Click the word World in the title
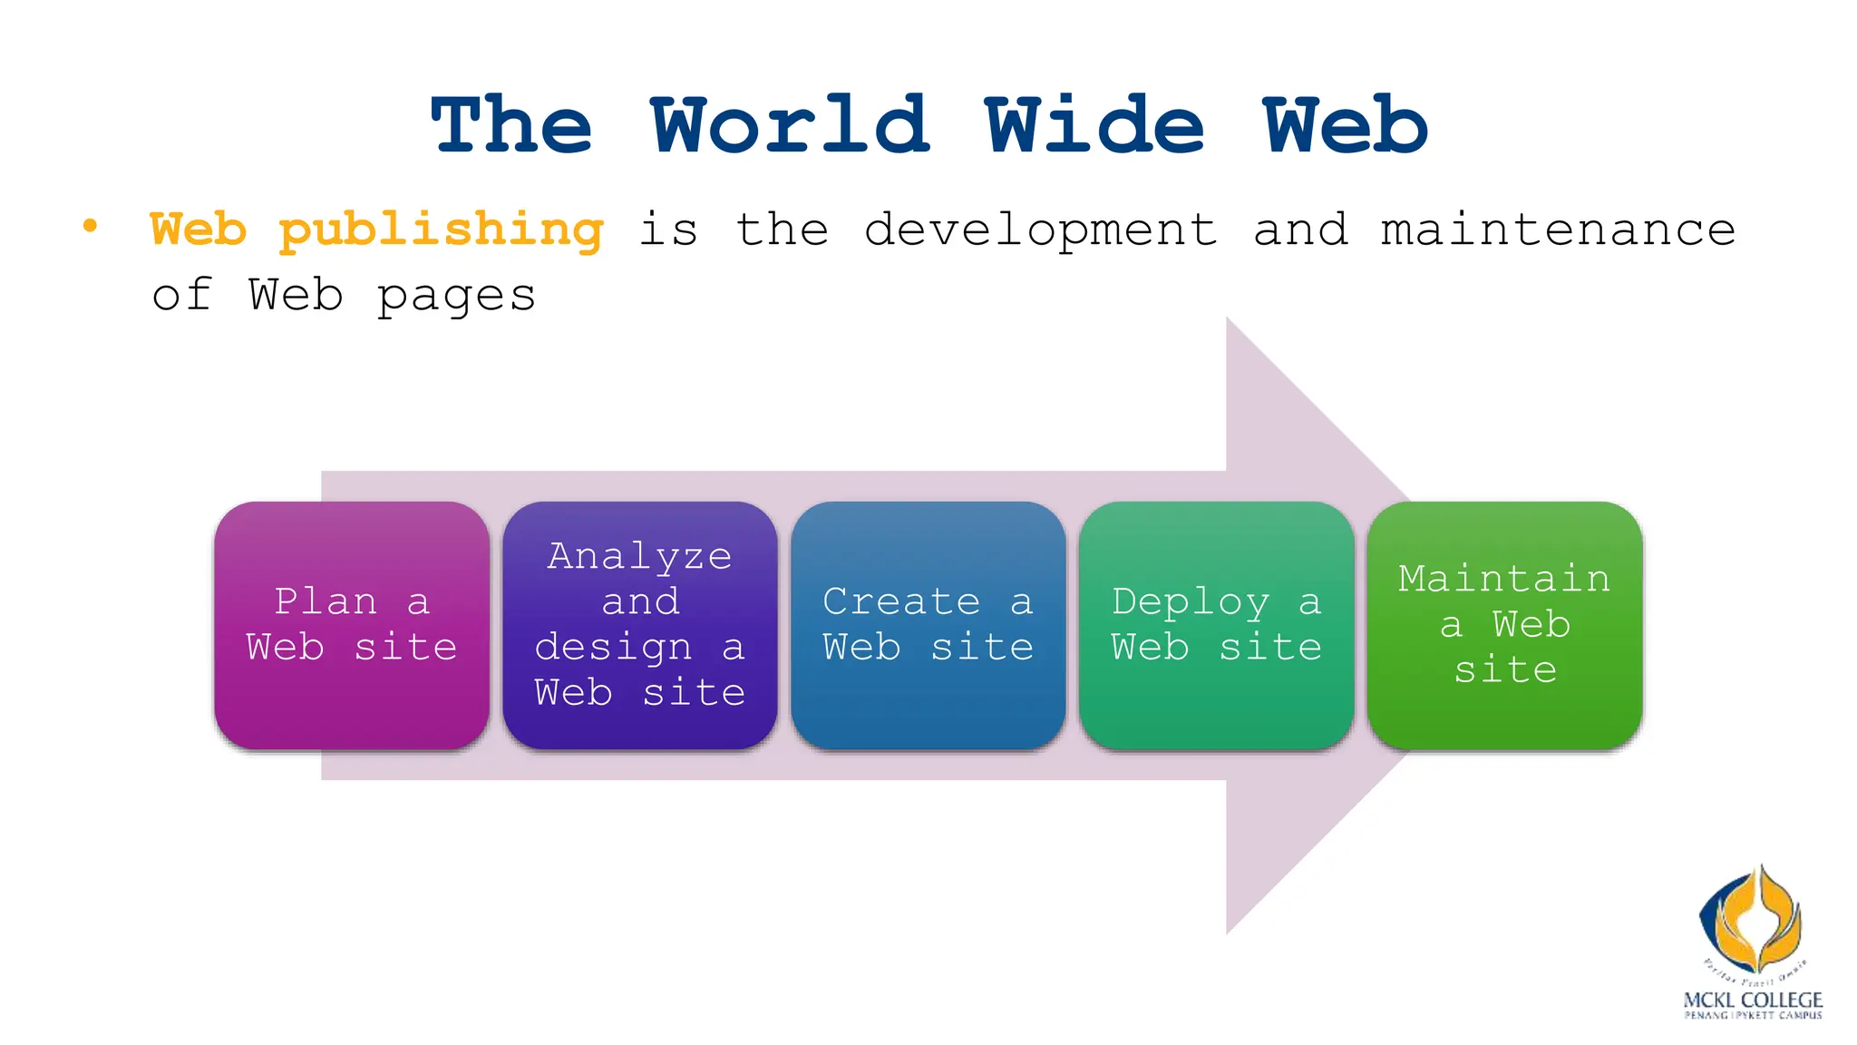tap(790, 126)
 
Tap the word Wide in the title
tap(1094, 126)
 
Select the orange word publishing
tap(441, 230)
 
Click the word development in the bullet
tap(1040, 230)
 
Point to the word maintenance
tap(1557, 230)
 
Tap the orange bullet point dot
tap(90, 226)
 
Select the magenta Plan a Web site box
tap(352, 625)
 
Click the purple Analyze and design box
tap(640, 625)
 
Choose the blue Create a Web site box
tap(928, 625)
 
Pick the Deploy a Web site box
tap(1216, 625)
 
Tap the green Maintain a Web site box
tap(1504, 625)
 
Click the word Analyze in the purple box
tap(639, 556)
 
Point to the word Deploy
tap(1191, 602)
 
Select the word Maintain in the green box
tap(1504, 579)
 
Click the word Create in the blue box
tap(901, 601)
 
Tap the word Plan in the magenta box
tap(326, 601)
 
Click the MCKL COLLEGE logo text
tap(1752, 1000)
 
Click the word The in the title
tap(512, 126)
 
